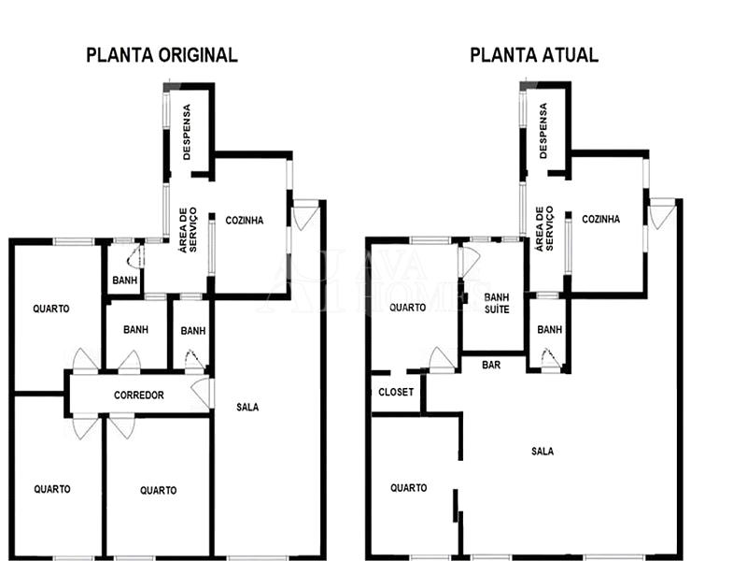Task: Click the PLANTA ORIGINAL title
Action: point(162,55)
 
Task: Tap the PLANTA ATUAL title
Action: point(534,55)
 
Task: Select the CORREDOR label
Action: point(138,395)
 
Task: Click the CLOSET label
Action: point(396,392)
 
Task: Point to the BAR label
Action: point(491,365)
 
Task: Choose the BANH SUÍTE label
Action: point(497,303)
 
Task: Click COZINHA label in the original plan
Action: point(245,221)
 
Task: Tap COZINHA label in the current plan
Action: point(600,219)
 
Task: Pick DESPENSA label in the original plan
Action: point(186,132)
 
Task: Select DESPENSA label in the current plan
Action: point(543,131)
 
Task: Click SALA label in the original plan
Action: point(247,407)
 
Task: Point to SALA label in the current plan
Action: point(543,452)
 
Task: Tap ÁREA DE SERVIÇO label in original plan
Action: point(188,229)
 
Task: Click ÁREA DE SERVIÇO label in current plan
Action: point(544,228)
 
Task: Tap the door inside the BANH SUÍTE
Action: point(469,262)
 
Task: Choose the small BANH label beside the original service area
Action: point(125,280)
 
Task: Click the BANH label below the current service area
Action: point(549,329)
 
